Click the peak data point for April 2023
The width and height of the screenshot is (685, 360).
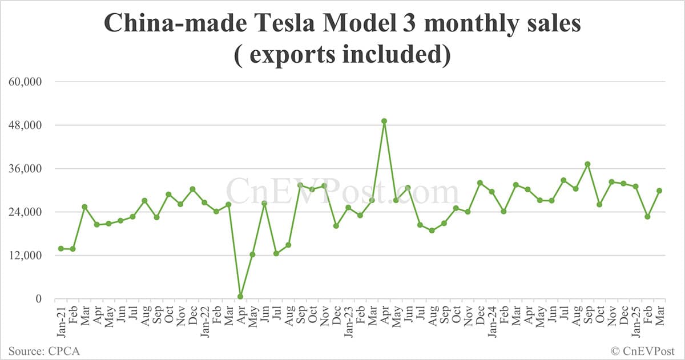coord(384,121)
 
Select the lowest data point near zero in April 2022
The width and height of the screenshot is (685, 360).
coord(240,297)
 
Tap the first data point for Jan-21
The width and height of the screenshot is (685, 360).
coord(61,249)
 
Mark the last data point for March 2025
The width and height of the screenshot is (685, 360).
coord(659,191)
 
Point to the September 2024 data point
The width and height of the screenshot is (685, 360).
coord(587,164)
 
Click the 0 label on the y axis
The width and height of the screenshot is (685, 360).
coord(38,298)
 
